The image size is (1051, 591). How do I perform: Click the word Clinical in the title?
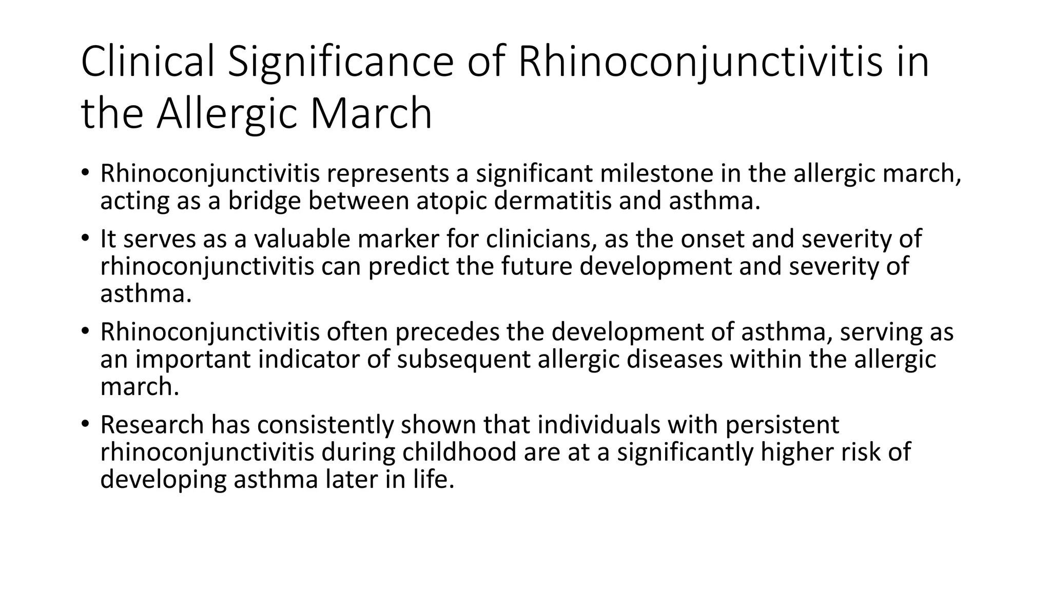pos(147,62)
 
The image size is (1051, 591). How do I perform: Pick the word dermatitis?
pos(553,201)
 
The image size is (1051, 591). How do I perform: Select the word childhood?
pos(459,452)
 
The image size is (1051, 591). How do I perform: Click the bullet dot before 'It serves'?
pos(85,239)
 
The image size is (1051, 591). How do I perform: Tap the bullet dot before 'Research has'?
pos(85,425)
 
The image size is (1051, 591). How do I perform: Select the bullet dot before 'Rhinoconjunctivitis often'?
pos(85,332)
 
